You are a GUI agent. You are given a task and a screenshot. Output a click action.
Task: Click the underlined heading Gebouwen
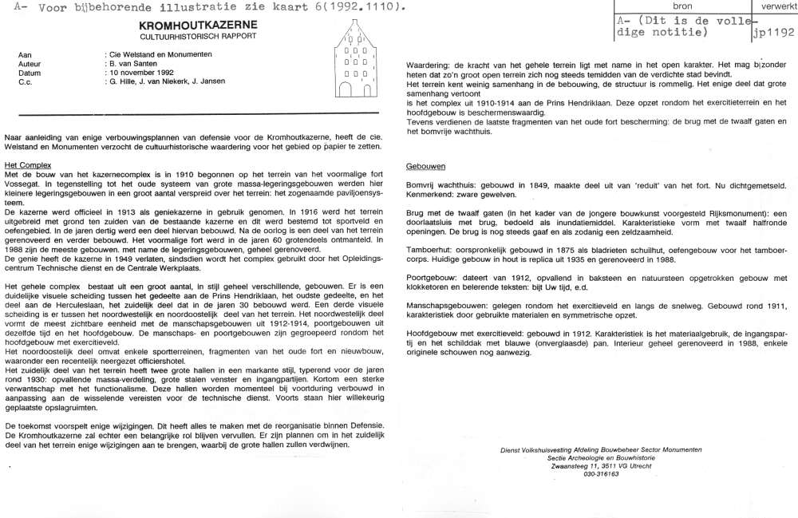point(426,167)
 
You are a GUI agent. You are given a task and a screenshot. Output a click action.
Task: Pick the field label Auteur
point(29,63)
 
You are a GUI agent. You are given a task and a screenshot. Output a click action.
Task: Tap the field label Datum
point(29,72)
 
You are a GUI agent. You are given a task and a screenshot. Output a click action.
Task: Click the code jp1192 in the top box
point(773,34)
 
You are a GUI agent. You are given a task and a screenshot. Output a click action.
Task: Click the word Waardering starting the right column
point(430,62)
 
